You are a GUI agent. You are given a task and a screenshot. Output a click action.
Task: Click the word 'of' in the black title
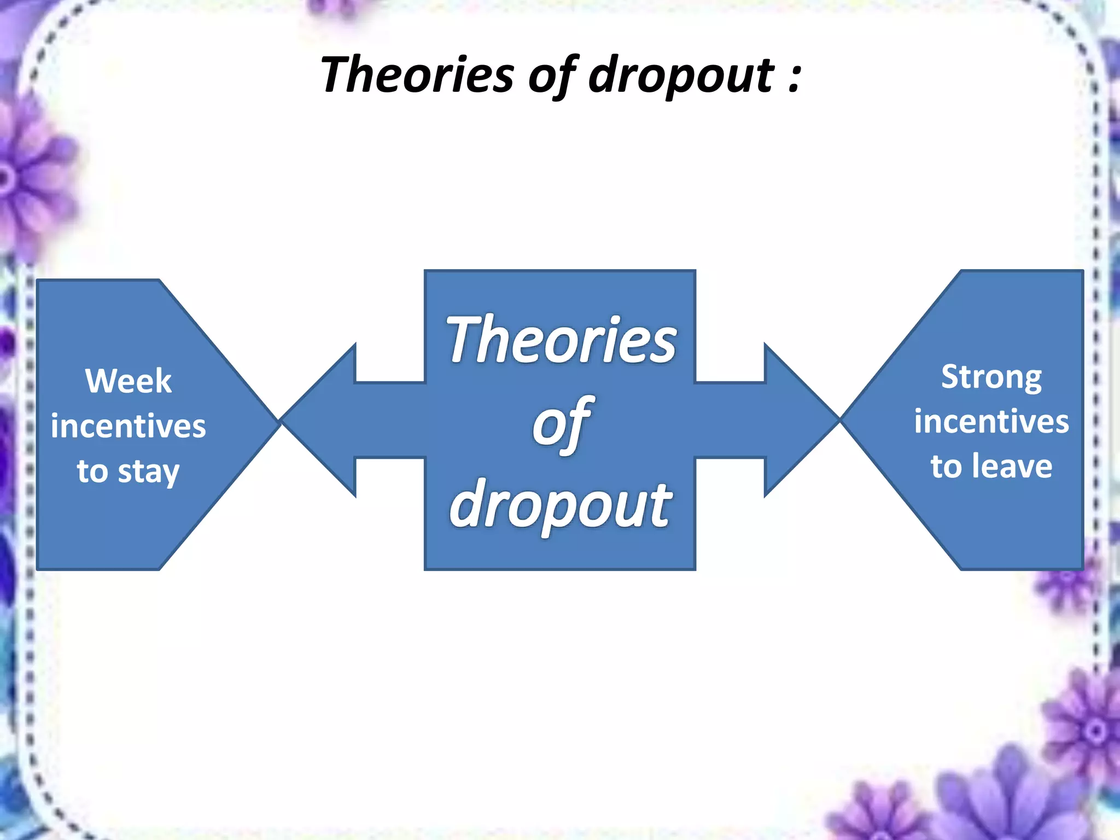click(x=552, y=75)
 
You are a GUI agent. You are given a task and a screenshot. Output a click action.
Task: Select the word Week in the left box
click(x=129, y=381)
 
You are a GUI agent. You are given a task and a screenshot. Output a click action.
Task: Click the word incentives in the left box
click(x=129, y=426)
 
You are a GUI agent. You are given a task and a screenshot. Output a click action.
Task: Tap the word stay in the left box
click(x=149, y=472)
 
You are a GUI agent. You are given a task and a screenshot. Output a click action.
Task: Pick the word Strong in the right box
click(x=991, y=377)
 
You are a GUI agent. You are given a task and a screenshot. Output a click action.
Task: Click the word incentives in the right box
click(x=991, y=422)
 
